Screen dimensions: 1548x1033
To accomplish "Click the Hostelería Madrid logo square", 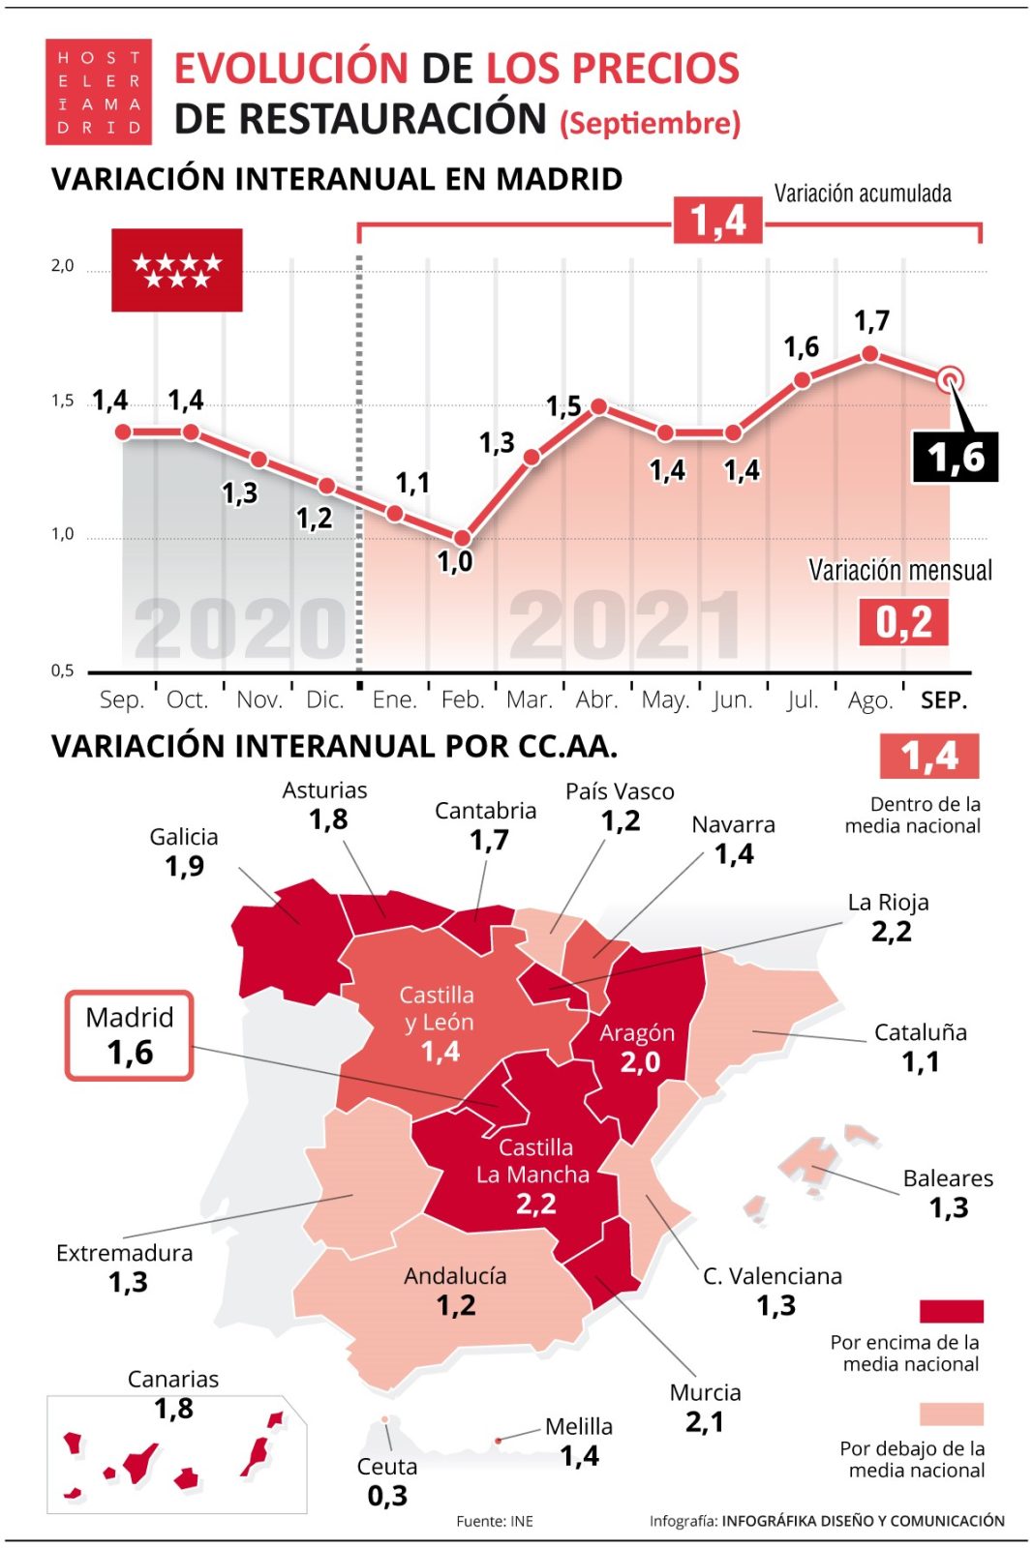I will click(98, 92).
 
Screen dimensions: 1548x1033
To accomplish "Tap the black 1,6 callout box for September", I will click(955, 458).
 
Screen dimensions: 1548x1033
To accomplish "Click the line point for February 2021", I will click(462, 538).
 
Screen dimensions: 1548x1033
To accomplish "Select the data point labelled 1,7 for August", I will click(869, 355).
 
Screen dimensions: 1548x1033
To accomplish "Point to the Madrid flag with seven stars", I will click(176, 270).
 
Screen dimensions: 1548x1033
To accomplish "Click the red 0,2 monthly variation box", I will click(902, 622).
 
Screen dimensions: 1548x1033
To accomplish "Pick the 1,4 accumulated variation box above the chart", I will click(717, 221).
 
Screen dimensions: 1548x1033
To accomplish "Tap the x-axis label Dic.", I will click(324, 700).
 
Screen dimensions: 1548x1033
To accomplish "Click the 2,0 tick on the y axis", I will click(62, 265).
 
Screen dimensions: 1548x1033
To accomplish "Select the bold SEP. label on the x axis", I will click(943, 700).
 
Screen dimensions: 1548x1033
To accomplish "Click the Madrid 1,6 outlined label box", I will click(129, 1035).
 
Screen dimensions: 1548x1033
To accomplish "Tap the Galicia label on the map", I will click(183, 837).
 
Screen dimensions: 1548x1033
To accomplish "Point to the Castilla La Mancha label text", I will click(533, 1161).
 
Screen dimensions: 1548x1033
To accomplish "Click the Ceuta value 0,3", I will click(387, 1496).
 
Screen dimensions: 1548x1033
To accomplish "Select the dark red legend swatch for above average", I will click(951, 1311).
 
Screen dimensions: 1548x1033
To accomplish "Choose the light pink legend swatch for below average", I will click(951, 1414).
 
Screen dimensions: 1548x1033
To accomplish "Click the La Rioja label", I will click(888, 903).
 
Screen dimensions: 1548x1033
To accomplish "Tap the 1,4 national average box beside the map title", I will click(928, 756).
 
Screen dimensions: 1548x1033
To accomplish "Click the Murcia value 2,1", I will click(704, 1422).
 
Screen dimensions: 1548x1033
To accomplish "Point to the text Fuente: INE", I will click(495, 1521).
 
